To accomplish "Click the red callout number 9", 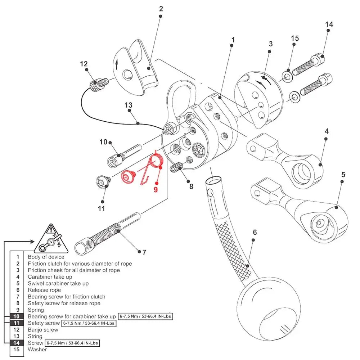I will (x=156, y=189).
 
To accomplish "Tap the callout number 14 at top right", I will (x=329, y=24).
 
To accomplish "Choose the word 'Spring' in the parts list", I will (x=36, y=310).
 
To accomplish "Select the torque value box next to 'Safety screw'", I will (x=89, y=323).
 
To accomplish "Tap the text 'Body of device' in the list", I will (x=46, y=257).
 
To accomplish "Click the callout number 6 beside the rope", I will (x=255, y=232).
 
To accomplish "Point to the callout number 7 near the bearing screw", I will (x=144, y=252).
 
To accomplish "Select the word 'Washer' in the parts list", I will (x=37, y=349).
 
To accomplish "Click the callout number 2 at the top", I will (x=161, y=9).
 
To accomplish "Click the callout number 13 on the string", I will (x=129, y=105).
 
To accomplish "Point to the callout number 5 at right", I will (x=343, y=175).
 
